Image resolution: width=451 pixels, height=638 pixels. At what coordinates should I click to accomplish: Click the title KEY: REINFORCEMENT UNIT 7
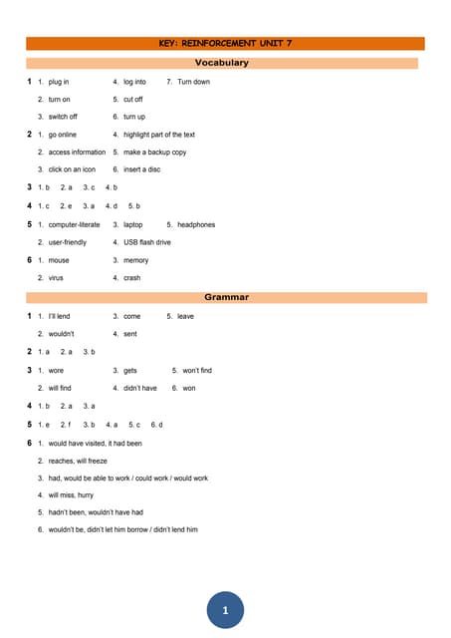[x=225, y=44]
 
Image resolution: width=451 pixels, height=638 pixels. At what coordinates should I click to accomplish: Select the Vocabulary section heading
[x=225, y=63]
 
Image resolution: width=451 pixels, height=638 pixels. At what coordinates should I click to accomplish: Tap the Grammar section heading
[x=226, y=297]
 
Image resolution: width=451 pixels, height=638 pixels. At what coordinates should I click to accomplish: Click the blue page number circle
[x=225, y=609]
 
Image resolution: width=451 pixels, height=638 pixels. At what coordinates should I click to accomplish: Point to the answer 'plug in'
[x=59, y=82]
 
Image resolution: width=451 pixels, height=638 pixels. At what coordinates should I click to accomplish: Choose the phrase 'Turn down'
[x=193, y=82]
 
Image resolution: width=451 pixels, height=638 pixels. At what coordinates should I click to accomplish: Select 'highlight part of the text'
[x=158, y=135]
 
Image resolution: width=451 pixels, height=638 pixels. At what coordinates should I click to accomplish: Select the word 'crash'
[x=132, y=278]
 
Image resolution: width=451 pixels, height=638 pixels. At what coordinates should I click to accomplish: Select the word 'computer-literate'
[x=75, y=225]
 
